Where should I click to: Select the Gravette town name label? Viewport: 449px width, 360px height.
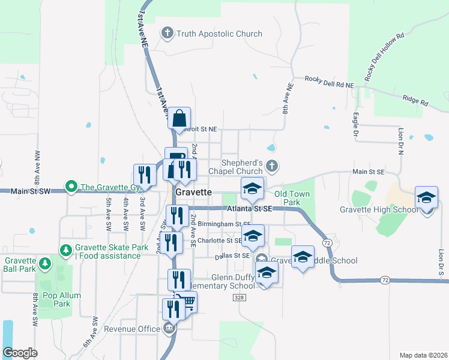pos(194,191)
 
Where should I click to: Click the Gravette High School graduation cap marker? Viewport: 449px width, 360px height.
pos(426,197)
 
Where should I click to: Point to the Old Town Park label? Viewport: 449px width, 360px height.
pos(292,199)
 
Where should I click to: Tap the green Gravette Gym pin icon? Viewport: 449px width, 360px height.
pos(71,187)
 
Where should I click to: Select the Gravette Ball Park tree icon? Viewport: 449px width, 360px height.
pos(44,263)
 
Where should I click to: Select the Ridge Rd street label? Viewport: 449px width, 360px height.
pos(415,101)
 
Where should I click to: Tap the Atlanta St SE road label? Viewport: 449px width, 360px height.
pos(250,208)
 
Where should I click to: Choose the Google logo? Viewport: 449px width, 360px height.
pos(20,353)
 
